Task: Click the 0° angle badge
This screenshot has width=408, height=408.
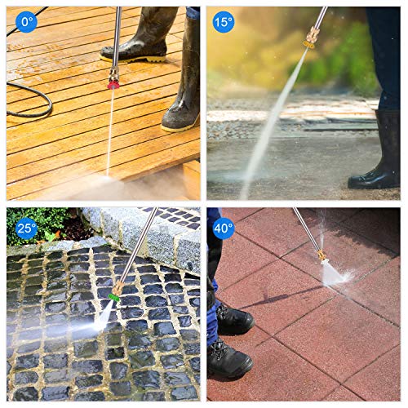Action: tap(27, 21)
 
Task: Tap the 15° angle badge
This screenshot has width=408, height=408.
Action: tap(223, 21)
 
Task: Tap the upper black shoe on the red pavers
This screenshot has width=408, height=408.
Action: tap(233, 318)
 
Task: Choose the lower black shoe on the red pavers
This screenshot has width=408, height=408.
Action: tap(228, 359)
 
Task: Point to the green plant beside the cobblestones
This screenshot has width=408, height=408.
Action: tap(37, 224)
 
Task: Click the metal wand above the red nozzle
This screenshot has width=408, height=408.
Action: tap(116, 37)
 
